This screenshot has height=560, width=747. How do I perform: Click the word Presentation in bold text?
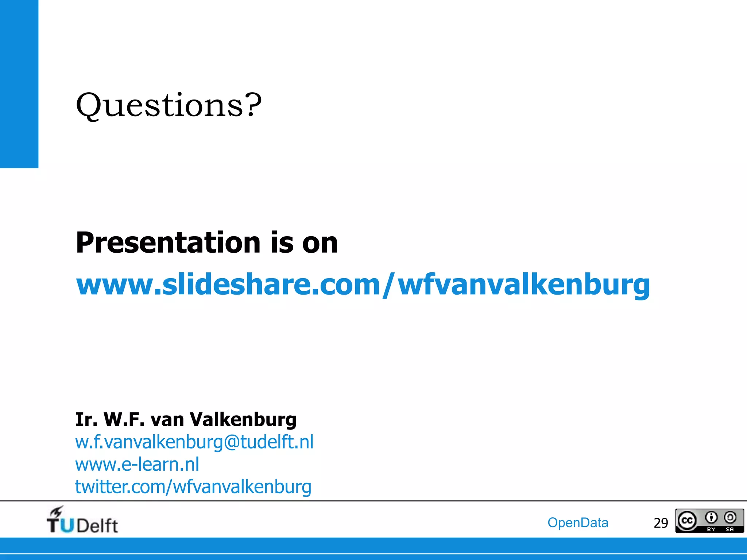tap(168, 243)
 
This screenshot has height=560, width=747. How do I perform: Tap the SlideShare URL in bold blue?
tap(363, 285)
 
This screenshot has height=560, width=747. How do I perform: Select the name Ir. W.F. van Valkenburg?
tap(186, 419)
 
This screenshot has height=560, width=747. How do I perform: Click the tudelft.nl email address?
tap(194, 442)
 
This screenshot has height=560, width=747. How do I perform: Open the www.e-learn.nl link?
tap(137, 464)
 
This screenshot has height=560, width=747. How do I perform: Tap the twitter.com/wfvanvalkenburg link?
tap(193, 487)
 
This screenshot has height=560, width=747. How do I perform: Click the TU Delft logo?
tap(82, 521)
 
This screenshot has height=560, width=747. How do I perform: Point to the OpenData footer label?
tap(578, 523)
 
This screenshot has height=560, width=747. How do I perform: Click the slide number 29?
tap(661, 523)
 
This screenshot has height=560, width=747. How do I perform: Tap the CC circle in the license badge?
tap(687, 521)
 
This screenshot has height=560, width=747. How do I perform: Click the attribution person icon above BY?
tap(711, 517)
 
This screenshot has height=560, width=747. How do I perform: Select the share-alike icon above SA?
tap(730, 517)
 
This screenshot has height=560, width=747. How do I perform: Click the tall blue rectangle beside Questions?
tap(19, 84)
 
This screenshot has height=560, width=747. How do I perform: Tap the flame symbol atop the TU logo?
tap(57, 511)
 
